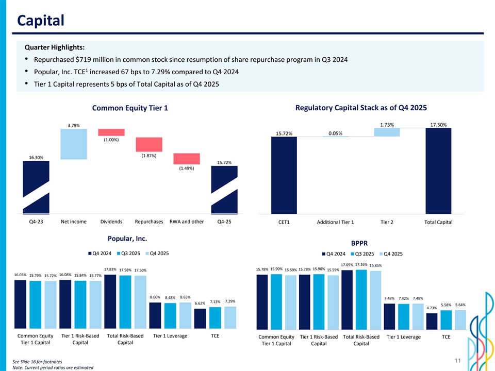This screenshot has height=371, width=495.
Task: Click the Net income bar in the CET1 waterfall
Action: [x=73, y=144]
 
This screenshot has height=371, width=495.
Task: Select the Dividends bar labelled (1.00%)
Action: [x=111, y=132]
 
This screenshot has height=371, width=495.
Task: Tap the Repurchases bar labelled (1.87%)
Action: [x=149, y=145]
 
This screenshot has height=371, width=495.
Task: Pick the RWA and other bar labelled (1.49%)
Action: [x=187, y=159]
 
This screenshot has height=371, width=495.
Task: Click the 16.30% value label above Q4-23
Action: [x=36, y=157]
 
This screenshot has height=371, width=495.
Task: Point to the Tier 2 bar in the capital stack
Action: [x=387, y=132]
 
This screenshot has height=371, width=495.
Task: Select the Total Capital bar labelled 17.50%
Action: [x=438, y=171]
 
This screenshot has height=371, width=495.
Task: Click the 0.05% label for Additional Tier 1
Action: [x=336, y=133]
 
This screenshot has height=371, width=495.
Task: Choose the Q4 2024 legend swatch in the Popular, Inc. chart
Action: [x=89, y=253]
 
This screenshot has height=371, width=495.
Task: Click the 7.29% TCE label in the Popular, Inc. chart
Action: [x=230, y=301]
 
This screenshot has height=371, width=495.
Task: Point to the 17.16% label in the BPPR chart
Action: [x=361, y=264]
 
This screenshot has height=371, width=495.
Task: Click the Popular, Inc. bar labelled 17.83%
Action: [x=110, y=301]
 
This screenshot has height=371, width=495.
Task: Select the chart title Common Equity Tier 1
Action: [x=130, y=108]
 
